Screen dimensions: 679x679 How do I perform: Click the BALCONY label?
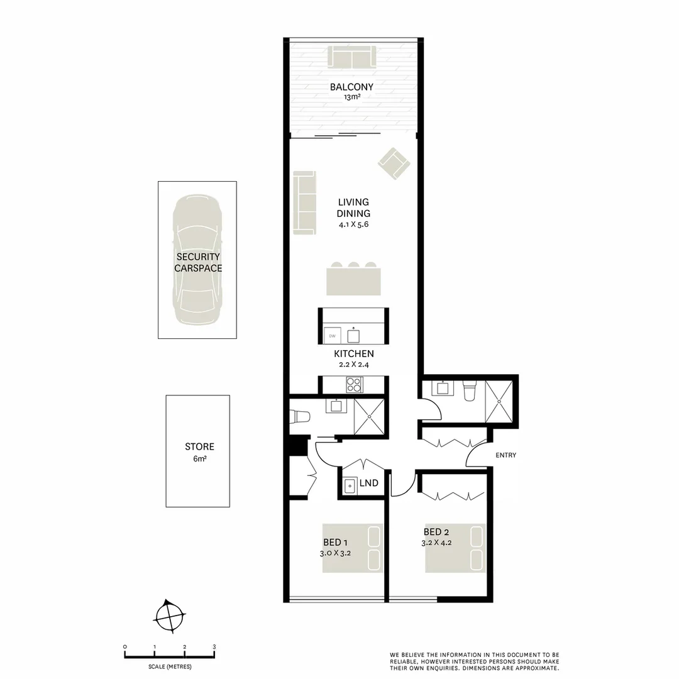click(x=351, y=87)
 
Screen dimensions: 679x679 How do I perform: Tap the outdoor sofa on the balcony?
click(x=352, y=58)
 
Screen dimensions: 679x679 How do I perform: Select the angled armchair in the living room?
click(x=394, y=163)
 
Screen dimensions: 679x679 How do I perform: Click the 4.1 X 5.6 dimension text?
click(x=353, y=224)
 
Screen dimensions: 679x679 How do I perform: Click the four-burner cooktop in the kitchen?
click(x=354, y=384)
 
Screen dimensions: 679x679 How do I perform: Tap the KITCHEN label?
click(x=354, y=354)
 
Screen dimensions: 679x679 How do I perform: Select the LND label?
click(x=369, y=483)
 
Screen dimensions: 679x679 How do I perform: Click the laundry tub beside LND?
click(x=350, y=485)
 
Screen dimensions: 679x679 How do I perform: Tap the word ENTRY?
click(x=505, y=455)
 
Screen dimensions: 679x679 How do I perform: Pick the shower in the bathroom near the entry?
click(x=499, y=401)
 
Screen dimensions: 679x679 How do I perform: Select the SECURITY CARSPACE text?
click(x=198, y=262)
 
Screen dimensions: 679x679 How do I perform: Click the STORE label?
click(x=199, y=447)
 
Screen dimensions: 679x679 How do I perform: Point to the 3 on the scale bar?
click(x=214, y=647)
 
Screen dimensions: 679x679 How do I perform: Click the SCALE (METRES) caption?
click(x=170, y=666)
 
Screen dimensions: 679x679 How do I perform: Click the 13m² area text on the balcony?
click(x=351, y=97)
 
